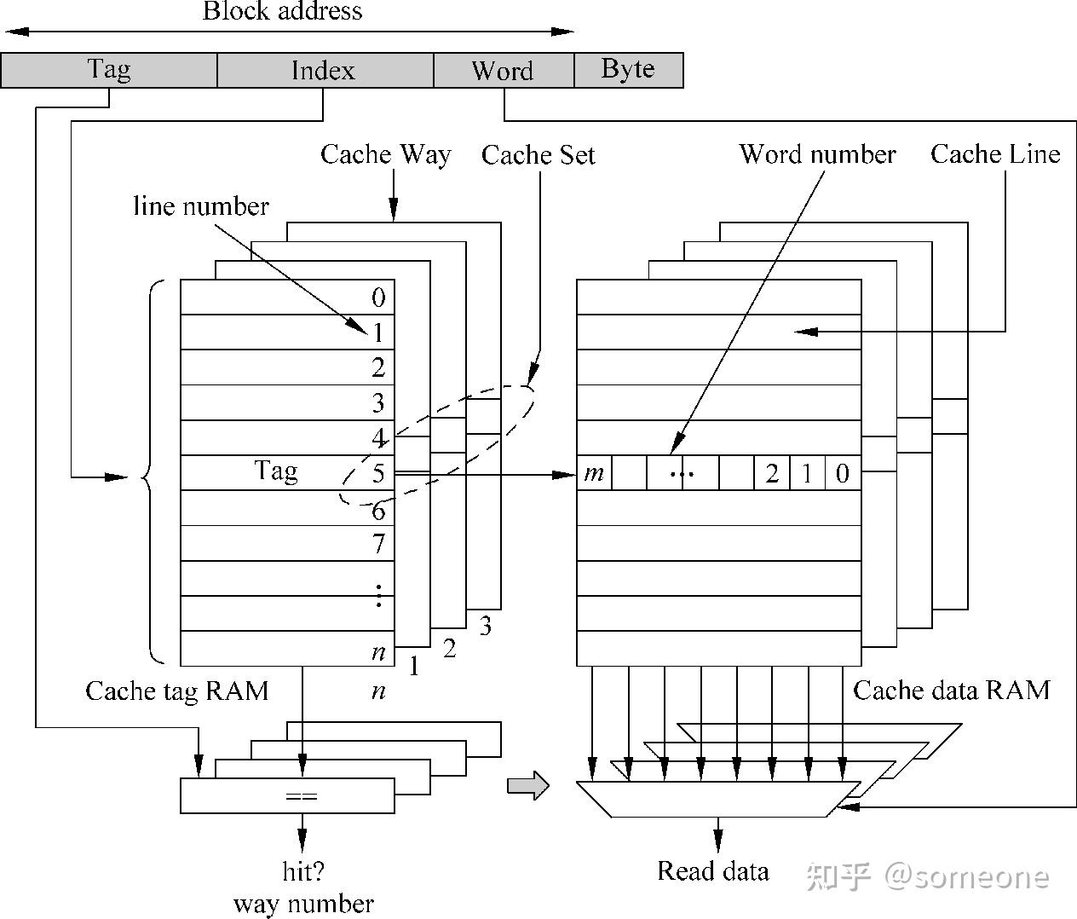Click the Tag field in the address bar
(x=109, y=70)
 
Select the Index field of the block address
(x=325, y=70)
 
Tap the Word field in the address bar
(x=503, y=70)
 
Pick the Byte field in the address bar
(x=628, y=70)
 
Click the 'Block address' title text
(x=282, y=12)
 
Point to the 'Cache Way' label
(x=385, y=154)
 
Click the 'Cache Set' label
(x=538, y=155)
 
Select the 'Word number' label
(x=817, y=154)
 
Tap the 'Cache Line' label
(x=994, y=154)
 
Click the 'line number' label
(x=201, y=206)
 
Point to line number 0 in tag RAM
(x=378, y=298)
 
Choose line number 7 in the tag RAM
(x=378, y=543)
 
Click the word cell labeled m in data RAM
(x=594, y=473)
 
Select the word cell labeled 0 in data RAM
(x=843, y=473)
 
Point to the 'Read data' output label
(x=712, y=871)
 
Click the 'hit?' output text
(x=303, y=871)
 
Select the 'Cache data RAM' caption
(x=951, y=690)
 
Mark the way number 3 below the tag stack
(x=485, y=626)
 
